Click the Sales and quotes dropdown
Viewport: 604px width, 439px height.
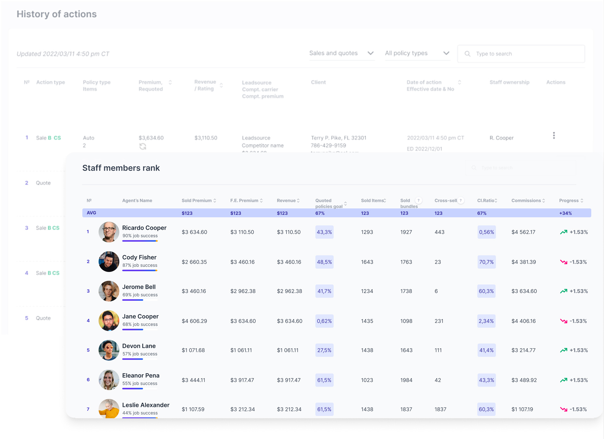coord(341,53)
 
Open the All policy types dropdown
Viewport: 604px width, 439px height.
coord(417,53)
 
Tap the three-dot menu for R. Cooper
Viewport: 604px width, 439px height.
coord(554,136)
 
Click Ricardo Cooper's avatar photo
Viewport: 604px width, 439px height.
coord(109,232)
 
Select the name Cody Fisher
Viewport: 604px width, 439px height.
coord(139,257)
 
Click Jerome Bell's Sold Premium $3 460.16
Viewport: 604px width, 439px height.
coord(194,291)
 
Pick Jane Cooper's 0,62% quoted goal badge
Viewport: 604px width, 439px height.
coord(324,321)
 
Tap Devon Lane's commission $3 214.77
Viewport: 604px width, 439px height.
coord(523,350)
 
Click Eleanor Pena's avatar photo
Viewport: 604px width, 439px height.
coord(109,380)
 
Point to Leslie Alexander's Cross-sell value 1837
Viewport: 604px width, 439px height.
coord(440,409)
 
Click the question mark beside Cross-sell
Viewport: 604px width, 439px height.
coord(461,201)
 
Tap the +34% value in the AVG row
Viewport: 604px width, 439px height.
coord(565,213)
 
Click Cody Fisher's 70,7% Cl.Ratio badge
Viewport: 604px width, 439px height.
coord(486,262)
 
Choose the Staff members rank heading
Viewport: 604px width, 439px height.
coord(121,168)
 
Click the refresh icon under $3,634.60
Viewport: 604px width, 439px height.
coord(143,147)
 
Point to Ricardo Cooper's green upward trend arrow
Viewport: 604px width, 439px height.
coord(563,232)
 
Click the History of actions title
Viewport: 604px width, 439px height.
coord(57,14)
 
